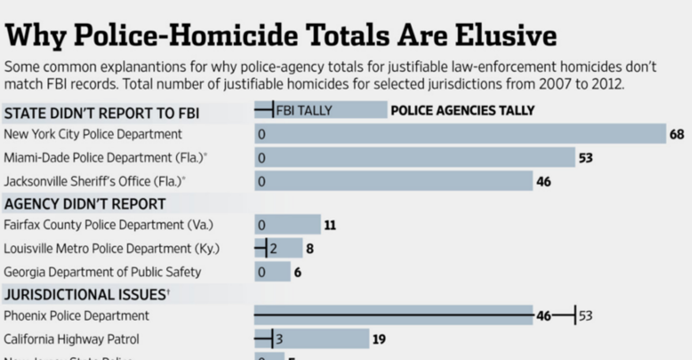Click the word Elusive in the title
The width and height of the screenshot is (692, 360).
click(x=505, y=36)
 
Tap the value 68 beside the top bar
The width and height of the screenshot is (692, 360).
click(x=677, y=134)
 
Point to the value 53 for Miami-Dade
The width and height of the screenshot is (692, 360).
click(x=586, y=158)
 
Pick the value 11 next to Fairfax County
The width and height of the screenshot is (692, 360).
click(x=330, y=225)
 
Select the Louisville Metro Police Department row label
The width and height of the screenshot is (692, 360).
click(x=111, y=249)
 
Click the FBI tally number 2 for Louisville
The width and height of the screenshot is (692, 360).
click(x=274, y=249)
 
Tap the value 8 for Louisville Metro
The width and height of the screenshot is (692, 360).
click(x=310, y=249)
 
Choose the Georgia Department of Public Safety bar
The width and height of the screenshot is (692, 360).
click(x=272, y=272)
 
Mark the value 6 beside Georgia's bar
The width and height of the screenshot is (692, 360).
click(x=298, y=272)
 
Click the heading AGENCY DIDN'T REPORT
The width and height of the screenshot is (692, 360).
click(x=85, y=204)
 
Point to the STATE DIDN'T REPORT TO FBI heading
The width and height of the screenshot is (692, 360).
click(x=101, y=113)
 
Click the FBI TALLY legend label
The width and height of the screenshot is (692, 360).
click(x=304, y=110)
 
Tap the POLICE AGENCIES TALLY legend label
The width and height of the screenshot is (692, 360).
click(x=462, y=110)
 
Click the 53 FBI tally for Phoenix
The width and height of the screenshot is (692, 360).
click(x=585, y=316)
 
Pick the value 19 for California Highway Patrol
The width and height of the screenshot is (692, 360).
click(x=379, y=339)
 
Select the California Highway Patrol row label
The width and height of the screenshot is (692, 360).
click(x=72, y=339)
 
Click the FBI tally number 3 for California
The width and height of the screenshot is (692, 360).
click(x=279, y=339)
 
